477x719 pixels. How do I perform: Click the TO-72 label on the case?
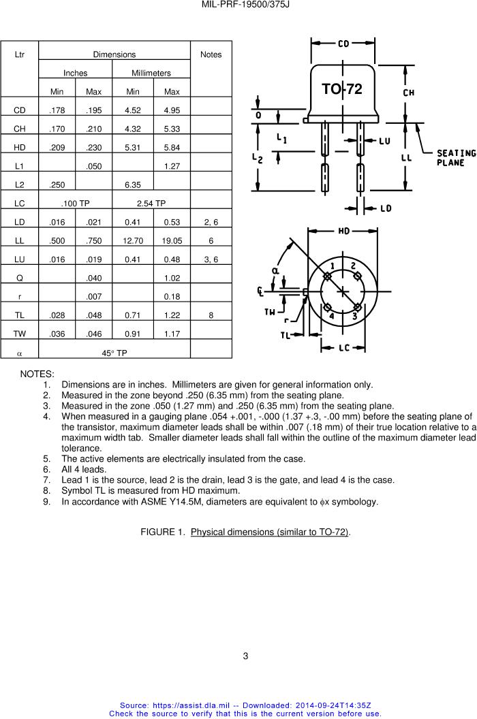(342, 89)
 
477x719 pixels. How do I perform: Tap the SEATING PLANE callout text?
(456, 158)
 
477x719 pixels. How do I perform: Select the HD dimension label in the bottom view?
(345, 231)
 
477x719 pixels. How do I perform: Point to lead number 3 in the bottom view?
(355, 317)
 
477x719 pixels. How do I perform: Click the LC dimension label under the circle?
(344, 348)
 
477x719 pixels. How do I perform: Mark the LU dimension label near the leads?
(384, 140)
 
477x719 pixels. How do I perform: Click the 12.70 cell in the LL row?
(134, 240)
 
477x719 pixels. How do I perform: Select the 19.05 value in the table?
(172, 240)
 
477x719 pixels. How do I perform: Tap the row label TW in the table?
(20, 334)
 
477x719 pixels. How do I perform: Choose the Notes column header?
(211, 54)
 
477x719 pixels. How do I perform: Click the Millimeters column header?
(151, 73)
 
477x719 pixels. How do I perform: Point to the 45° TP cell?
(114, 353)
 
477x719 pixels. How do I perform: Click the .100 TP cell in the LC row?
(76, 203)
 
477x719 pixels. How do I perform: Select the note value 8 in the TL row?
(211, 315)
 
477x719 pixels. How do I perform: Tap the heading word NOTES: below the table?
(37, 374)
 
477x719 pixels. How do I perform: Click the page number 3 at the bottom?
(246, 656)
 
